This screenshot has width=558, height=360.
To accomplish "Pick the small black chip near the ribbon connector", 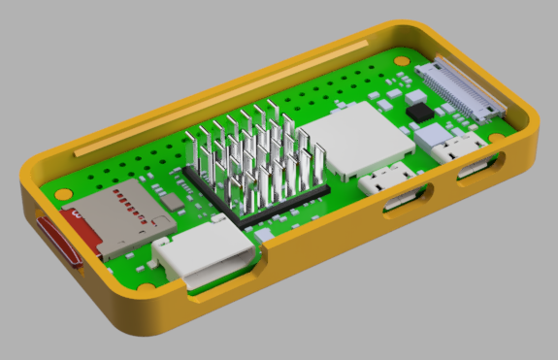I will (x=423, y=113).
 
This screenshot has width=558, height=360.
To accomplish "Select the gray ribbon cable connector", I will (x=459, y=90).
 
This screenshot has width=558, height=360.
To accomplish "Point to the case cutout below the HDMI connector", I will (x=223, y=278).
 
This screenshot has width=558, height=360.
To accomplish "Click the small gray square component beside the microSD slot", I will (x=171, y=202).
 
